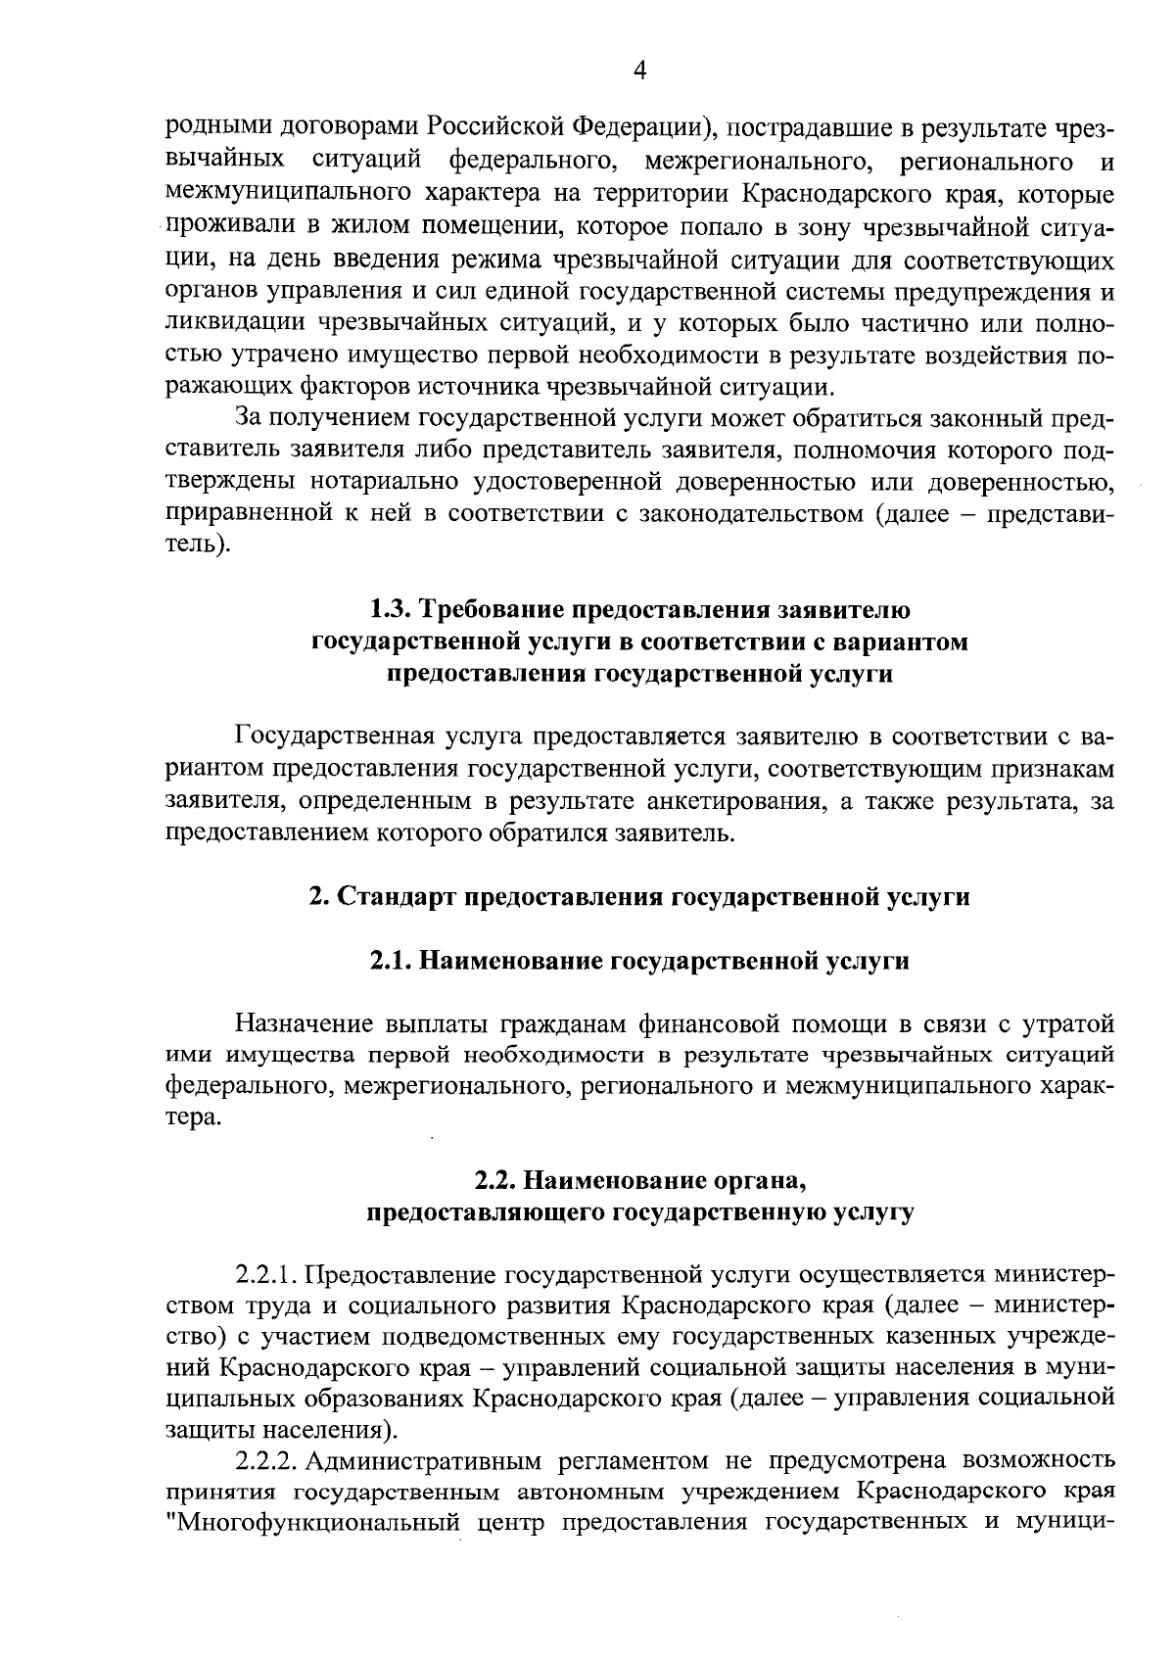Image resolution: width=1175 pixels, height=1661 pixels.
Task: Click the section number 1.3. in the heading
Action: point(391,610)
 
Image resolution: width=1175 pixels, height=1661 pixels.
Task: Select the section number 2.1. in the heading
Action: point(390,961)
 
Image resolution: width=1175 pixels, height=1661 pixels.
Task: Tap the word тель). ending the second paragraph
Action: point(198,545)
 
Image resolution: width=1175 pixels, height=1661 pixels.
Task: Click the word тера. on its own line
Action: point(193,1118)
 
